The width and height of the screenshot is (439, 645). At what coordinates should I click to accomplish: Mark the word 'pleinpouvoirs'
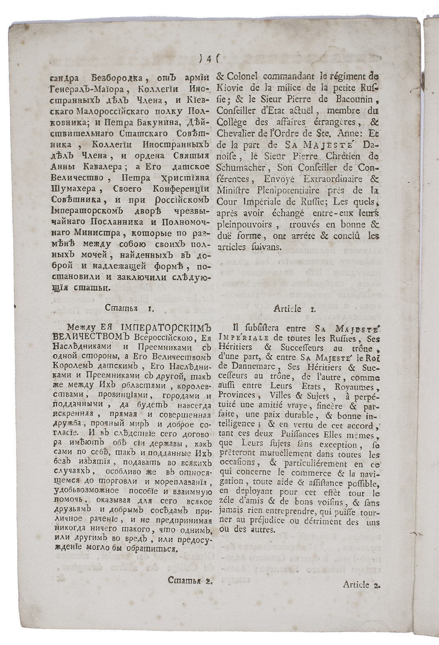coord(243,225)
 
